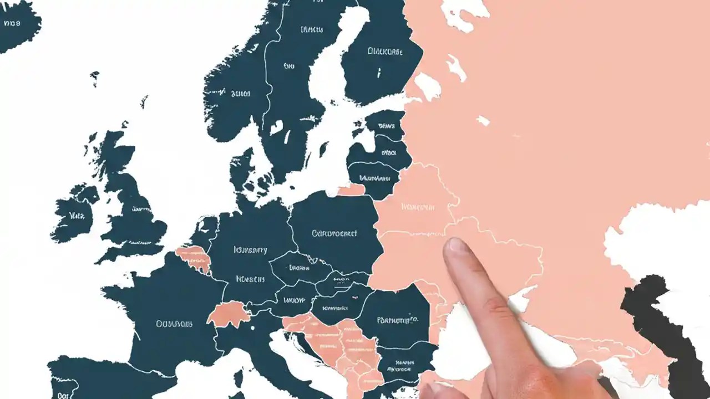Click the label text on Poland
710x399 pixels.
334,234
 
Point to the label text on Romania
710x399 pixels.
397,320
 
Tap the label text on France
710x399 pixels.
174,324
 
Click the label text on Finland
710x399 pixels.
386,52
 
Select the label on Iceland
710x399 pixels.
12,23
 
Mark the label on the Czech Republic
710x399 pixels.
298,267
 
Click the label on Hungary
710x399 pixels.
334,307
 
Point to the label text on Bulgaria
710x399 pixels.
399,367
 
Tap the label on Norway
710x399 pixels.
241,94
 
